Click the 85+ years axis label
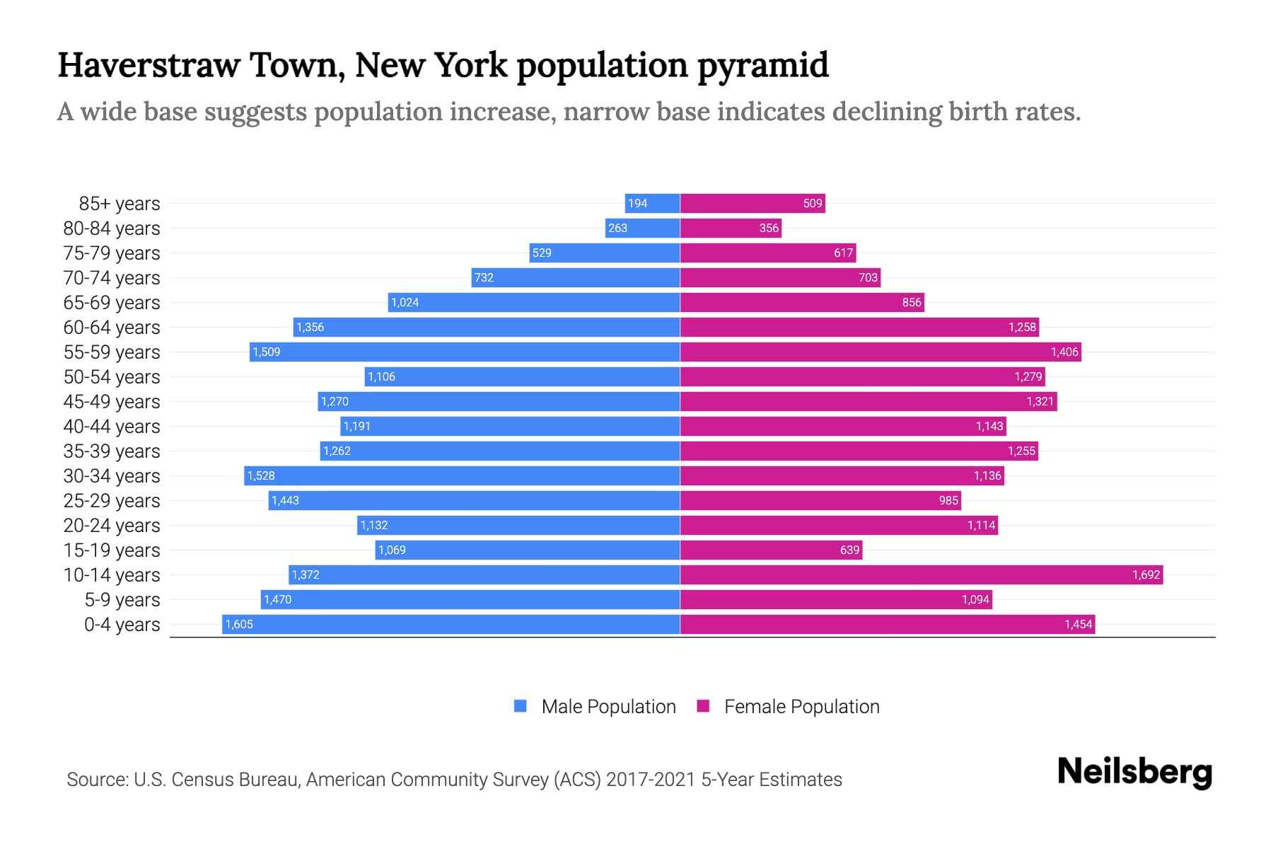click(119, 204)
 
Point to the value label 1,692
click(1146, 574)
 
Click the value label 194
click(637, 204)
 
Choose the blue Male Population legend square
click(521, 706)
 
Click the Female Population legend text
click(801, 707)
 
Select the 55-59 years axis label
click(112, 352)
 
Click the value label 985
click(948, 500)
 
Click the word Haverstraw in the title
click(149, 65)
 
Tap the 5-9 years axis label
click(122, 600)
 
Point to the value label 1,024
click(405, 302)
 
